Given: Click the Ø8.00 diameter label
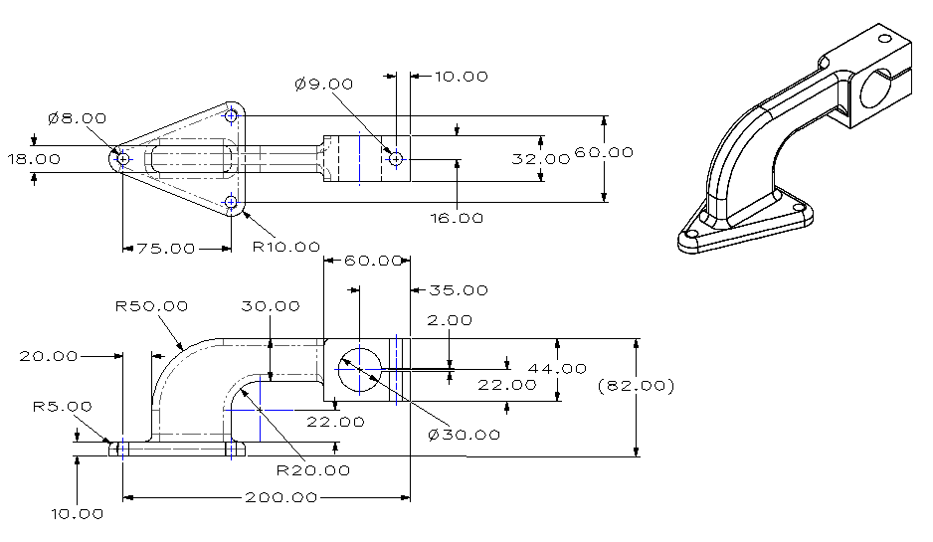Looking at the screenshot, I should coord(77,118).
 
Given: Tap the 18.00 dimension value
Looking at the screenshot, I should coord(33,159).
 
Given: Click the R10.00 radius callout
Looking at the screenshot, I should coord(285,246).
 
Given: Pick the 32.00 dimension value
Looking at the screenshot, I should coord(541,159).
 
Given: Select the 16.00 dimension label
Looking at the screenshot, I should coord(457,218).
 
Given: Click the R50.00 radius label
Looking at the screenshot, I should coord(151,306).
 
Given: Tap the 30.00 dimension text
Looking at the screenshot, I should coord(270,306).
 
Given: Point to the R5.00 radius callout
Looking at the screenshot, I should coord(62,406).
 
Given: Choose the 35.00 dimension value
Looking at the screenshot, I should coord(459,290).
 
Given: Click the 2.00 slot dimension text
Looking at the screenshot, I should coord(450,320).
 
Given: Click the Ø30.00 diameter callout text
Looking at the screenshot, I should coord(464,435).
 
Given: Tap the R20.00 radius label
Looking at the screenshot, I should coord(313,470).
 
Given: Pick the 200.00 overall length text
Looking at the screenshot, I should coord(281,497).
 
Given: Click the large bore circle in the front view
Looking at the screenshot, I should coord(356,370).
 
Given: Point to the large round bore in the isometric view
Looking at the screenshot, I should coord(871,87).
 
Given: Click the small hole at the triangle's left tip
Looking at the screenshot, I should coord(122,158).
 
